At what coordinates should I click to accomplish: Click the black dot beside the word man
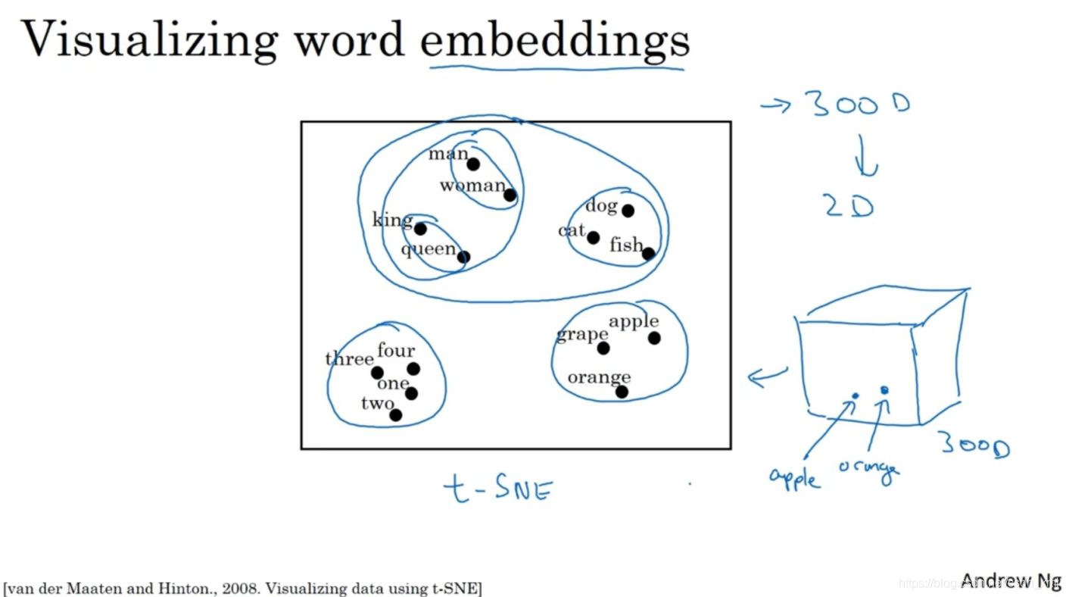(473, 164)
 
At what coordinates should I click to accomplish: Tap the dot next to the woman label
(510, 195)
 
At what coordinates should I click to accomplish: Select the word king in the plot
(392, 220)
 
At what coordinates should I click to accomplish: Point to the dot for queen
(463, 258)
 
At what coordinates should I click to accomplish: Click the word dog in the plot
(601, 205)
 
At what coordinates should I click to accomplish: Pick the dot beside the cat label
(593, 238)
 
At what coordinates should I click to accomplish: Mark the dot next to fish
(648, 254)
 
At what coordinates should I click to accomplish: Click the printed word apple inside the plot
(634, 321)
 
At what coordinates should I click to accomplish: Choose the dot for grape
(603, 349)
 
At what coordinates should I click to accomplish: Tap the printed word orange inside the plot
(599, 377)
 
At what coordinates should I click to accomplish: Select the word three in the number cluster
(350, 358)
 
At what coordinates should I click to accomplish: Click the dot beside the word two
(395, 415)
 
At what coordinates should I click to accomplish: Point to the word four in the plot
(396, 350)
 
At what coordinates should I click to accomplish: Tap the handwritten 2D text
(849, 206)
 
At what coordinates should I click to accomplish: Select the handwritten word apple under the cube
(794, 478)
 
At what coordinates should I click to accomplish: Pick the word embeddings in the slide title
(554, 39)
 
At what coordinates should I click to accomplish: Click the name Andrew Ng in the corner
(1010, 580)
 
